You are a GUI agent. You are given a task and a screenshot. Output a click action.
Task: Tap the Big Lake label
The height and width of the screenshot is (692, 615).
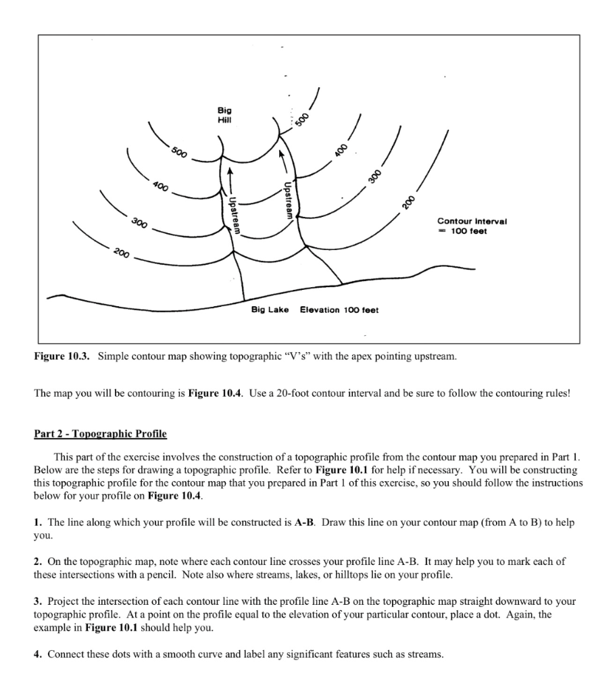tap(270, 310)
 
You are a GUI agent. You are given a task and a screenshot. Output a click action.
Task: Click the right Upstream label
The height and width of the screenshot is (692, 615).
tap(288, 200)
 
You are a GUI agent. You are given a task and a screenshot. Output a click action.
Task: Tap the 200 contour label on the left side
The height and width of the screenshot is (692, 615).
tap(122, 254)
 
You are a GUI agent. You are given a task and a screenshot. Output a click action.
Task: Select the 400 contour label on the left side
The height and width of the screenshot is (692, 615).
tap(160, 186)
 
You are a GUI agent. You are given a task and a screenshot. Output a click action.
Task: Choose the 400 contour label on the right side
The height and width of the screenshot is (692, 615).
tap(343, 150)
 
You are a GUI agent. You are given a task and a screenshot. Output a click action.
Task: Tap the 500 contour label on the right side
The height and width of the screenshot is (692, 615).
tap(303, 119)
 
